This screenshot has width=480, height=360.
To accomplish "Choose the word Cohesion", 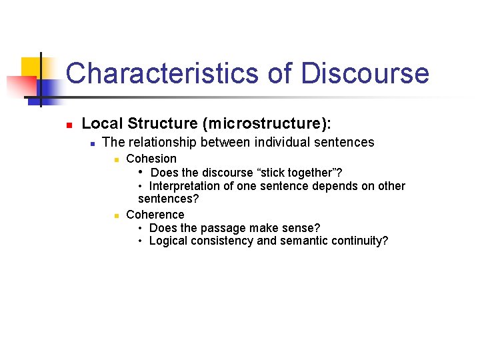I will click(151, 159).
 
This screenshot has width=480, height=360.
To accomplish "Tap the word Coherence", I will click(155, 215).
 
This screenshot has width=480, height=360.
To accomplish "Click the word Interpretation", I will click(189, 186).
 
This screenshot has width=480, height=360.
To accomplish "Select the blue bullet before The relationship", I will click(93, 143).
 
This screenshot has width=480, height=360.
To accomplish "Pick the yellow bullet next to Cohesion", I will click(115, 160).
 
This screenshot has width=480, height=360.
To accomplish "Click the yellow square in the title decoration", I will click(31, 67).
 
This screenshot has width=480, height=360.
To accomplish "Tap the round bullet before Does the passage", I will click(141, 229).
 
